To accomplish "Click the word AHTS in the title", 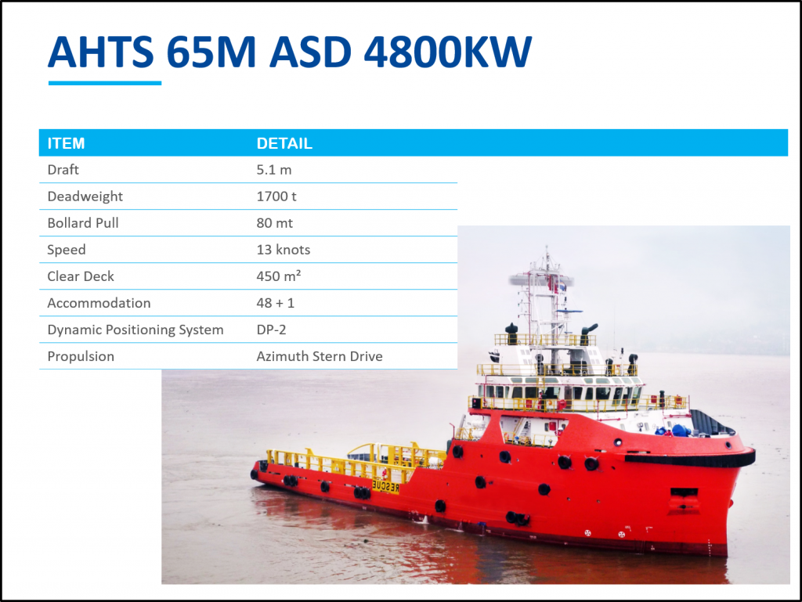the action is tap(101, 52).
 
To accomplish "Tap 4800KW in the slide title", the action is tap(447, 52).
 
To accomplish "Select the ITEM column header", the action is tap(66, 143).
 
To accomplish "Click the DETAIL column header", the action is tap(284, 143).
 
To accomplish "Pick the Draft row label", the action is tap(63, 170).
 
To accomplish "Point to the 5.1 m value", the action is tap(274, 170).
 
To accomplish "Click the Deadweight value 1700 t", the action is tap(276, 196).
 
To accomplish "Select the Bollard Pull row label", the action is tap(83, 223).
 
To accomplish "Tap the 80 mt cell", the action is tap(275, 223).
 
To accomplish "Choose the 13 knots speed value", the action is tap(284, 250).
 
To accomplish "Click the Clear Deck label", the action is tap(81, 276).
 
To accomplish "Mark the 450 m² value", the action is tap(279, 276).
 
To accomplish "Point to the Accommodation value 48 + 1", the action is tap(276, 303).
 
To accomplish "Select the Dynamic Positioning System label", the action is tap(135, 330).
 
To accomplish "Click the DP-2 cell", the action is tap(272, 330).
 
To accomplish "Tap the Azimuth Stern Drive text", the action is tap(320, 356).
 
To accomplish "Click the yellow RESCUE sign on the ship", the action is tap(385, 486).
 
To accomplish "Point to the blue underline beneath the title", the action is tap(105, 83).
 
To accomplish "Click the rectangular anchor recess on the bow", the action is tap(684, 494).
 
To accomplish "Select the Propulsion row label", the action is tap(81, 357).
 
